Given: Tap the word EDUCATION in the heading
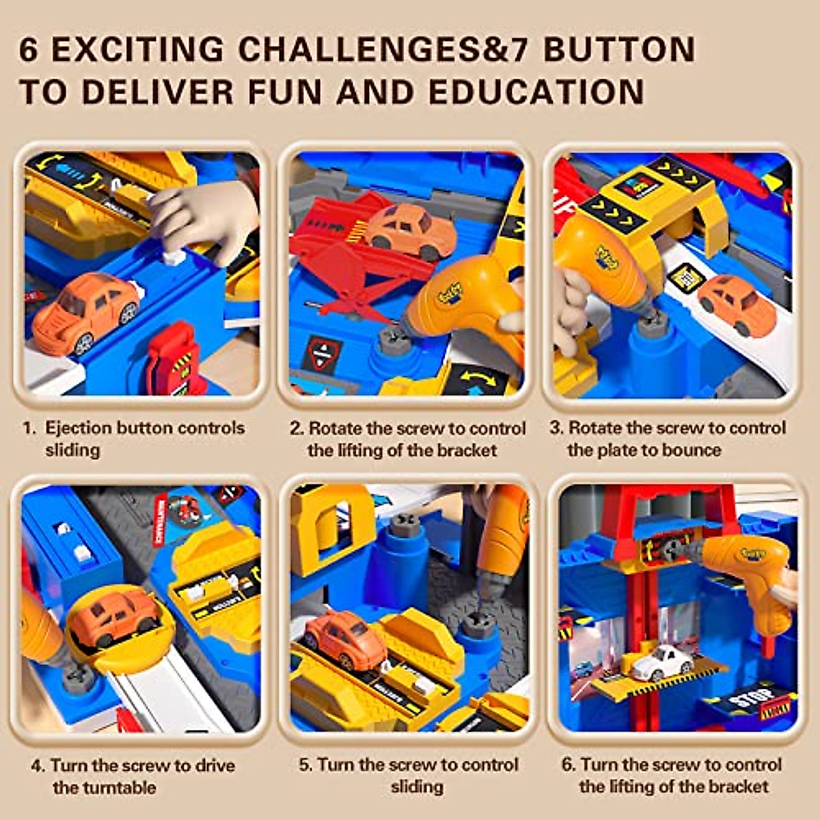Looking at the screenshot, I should pyautogui.click(x=536, y=92).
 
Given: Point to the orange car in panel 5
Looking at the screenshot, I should pyautogui.click(x=344, y=639).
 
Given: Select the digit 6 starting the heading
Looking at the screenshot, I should pyautogui.click(x=29, y=50).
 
